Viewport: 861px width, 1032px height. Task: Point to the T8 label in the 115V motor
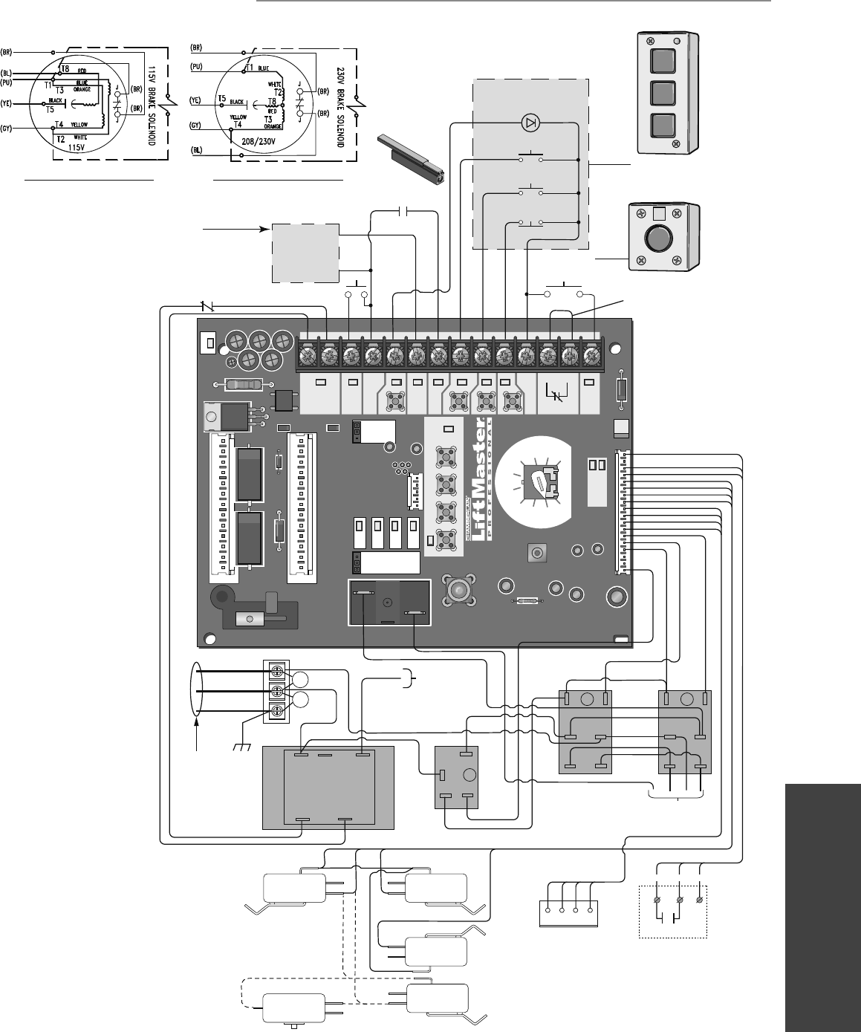(65, 69)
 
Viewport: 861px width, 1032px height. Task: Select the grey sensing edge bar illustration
(412, 158)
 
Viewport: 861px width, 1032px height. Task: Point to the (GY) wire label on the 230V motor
(195, 126)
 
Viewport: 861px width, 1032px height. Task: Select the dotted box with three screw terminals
(673, 911)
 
